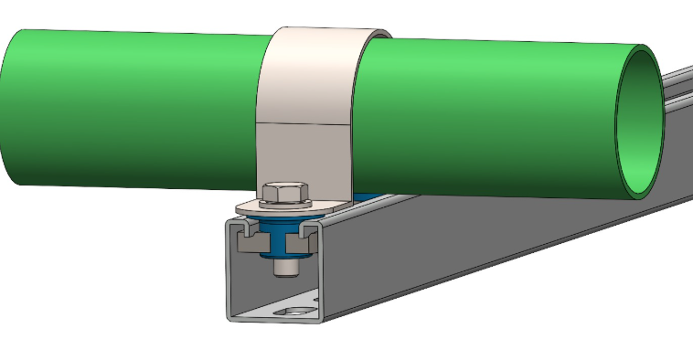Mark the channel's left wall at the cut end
tap(229, 274)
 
